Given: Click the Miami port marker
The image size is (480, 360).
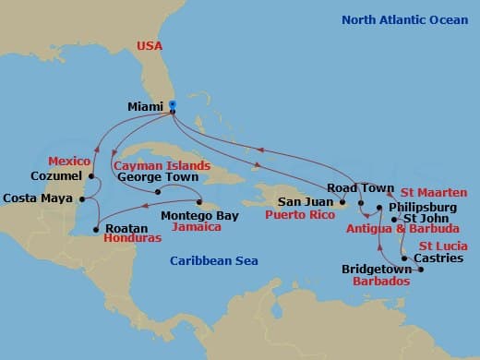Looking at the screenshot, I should (x=172, y=107).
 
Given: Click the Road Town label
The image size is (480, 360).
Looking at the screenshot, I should (x=355, y=187).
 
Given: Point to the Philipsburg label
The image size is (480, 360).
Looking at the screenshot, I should (x=423, y=207).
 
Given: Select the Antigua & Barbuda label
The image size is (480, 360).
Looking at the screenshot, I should (x=402, y=229).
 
